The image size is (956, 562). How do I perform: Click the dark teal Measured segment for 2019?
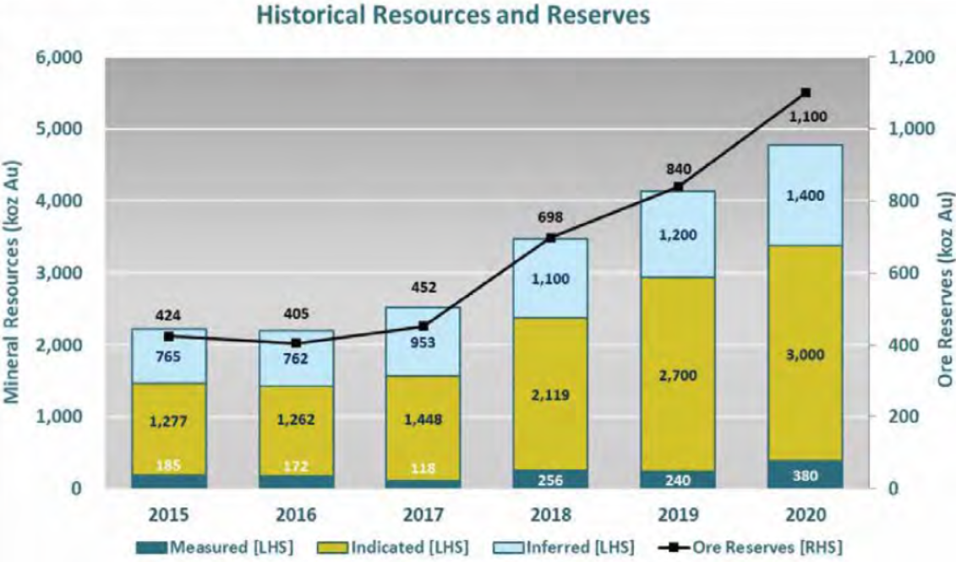click(678, 479)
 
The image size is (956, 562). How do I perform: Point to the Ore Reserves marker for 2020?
click(805, 93)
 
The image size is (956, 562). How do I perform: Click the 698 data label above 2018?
click(551, 218)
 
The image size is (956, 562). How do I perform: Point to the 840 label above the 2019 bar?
click(678, 167)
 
